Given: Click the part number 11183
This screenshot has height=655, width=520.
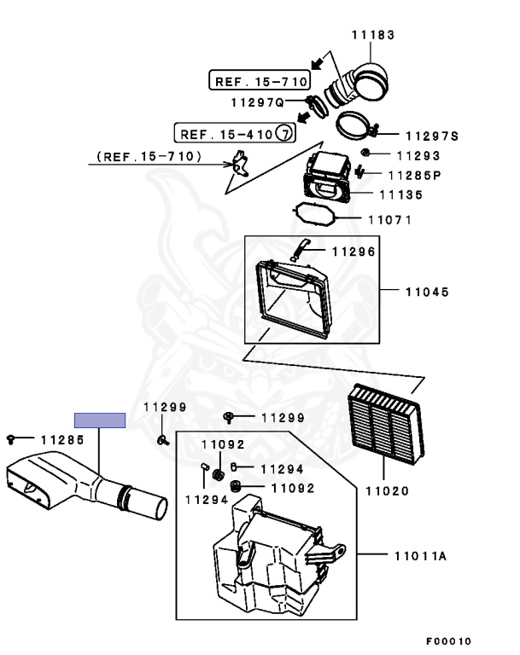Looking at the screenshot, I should pos(373,35).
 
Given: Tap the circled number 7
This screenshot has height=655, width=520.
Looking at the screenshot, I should pos(286,134).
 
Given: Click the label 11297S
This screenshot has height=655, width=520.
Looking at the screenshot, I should pos(432,136).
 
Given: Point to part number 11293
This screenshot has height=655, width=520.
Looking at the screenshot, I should pos(418,156).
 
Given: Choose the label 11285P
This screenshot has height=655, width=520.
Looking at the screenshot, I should pos(414,176).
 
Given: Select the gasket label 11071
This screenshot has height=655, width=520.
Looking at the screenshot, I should pos(389,219).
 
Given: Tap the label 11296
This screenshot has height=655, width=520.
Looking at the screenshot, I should pos(353,252).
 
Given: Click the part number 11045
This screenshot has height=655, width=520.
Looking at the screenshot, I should pos(427,292).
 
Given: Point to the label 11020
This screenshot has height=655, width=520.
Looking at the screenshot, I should pos(387,491).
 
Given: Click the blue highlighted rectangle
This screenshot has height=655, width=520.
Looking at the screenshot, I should pos(100,420).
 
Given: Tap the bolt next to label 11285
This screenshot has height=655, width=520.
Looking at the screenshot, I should pos(10,439).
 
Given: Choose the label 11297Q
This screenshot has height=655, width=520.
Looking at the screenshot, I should pos(256,102).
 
